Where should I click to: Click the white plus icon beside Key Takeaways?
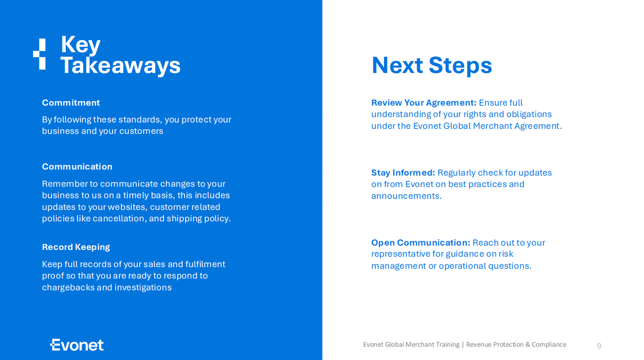(x=39, y=54)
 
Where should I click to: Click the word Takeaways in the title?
(x=120, y=65)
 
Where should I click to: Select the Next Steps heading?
(x=432, y=65)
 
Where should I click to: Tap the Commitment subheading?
(x=71, y=103)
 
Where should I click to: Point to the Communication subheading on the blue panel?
(x=77, y=166)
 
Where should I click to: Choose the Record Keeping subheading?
(x=76, y=247)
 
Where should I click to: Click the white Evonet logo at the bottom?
(x=77, y=345)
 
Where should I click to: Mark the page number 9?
(x=599, y=345)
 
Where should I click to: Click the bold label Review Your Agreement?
(x=424, y=103)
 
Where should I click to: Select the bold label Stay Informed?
(x=403, y=172)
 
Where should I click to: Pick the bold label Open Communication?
(x=421, y=242)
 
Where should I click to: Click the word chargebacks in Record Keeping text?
(x=68, y=288)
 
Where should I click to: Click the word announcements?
(x=406, y=196)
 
